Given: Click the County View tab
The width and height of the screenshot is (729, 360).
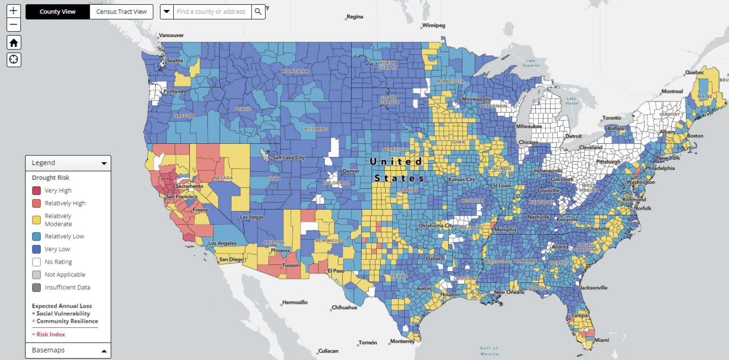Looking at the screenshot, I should pos(57,12).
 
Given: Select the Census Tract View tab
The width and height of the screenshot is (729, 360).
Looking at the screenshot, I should pos(121,12).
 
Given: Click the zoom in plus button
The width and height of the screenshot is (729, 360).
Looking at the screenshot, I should pos(14,10).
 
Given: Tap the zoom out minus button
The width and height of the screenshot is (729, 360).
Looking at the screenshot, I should pos(14,25).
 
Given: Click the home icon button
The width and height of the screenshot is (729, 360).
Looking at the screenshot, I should pos(14,43).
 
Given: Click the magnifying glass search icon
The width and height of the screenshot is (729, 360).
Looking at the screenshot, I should pos(258,12).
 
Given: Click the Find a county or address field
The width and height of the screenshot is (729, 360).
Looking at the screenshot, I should pos(211,12).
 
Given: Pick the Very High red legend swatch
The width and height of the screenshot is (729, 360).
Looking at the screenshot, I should pos(37,191).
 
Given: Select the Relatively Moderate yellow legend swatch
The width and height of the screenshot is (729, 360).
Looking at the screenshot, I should pos(37,220).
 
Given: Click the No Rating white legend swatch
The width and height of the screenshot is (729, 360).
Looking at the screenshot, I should pos(37,262).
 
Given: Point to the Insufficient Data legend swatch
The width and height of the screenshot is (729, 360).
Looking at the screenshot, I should pos(37,287).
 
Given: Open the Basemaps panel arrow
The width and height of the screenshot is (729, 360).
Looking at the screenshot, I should pos(104,351).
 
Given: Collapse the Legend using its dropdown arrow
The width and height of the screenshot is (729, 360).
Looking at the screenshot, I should pos(104,163).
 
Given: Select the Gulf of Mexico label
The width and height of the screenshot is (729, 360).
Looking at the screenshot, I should pos(489,351).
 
